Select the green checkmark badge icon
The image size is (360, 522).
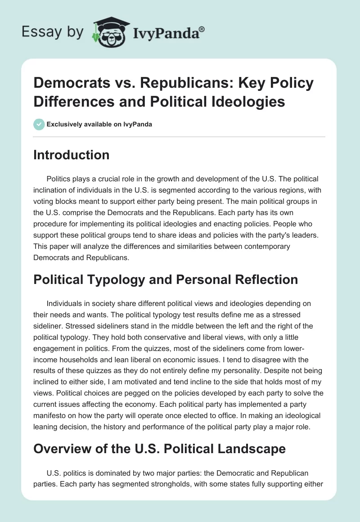click(x=39, y=124)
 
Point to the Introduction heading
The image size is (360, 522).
click(x=72, y=155)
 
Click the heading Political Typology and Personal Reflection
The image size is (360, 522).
click(x=166, y=279)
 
